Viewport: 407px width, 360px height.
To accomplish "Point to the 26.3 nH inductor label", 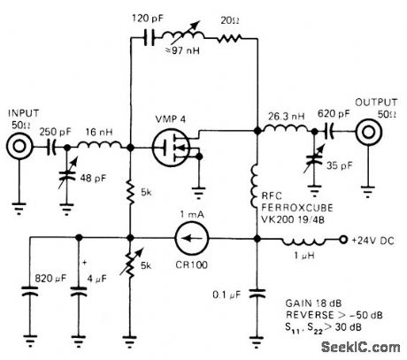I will click(284, 115).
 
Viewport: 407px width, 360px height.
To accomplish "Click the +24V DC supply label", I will click(372, 239).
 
